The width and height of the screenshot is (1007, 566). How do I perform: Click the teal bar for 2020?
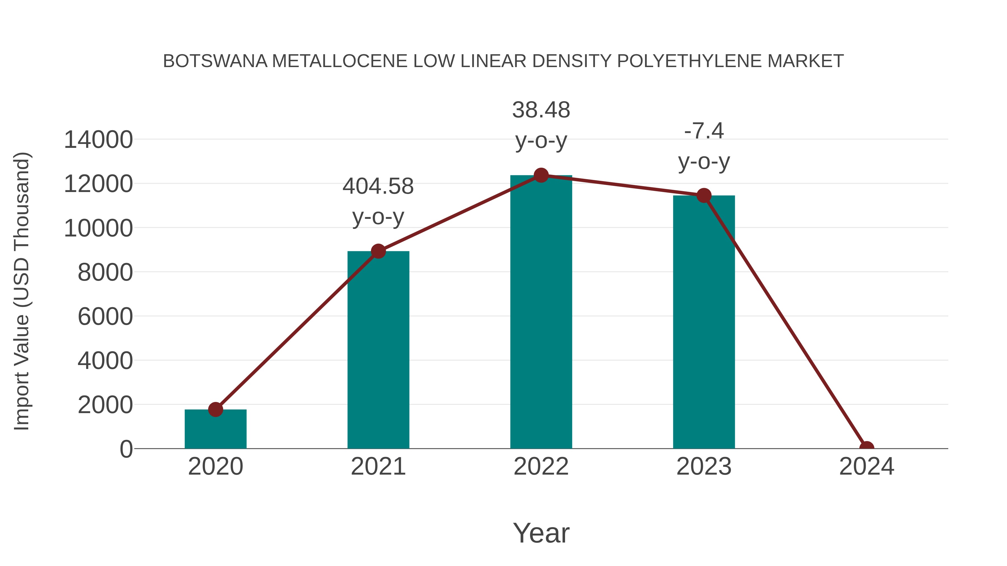click(x=215, y=430)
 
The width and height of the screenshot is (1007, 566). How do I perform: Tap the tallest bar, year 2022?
click(x=541, y=312)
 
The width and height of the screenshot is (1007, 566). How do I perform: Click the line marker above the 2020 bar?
click(x=215, y=409)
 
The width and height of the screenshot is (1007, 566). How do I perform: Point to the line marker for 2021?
click(x=378, y=251)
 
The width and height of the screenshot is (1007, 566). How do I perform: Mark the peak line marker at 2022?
click(x=541, y=175)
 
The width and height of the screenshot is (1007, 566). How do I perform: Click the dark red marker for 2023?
click(x=704, y=195)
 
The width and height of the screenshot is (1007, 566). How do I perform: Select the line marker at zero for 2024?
click(x=866, y=448)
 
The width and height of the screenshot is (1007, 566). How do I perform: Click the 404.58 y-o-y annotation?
click(x=378, y=201)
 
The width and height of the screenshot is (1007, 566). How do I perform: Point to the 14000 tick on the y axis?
click(x=98, y=139)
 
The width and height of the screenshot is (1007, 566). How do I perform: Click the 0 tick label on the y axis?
click(x=126, y=449)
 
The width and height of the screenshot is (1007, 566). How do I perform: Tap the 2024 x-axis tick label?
click(x=866, y=466)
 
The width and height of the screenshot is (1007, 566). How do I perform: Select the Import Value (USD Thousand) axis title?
click(x=22, y=291)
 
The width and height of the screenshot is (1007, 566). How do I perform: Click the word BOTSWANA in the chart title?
click(x=215, y=61)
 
